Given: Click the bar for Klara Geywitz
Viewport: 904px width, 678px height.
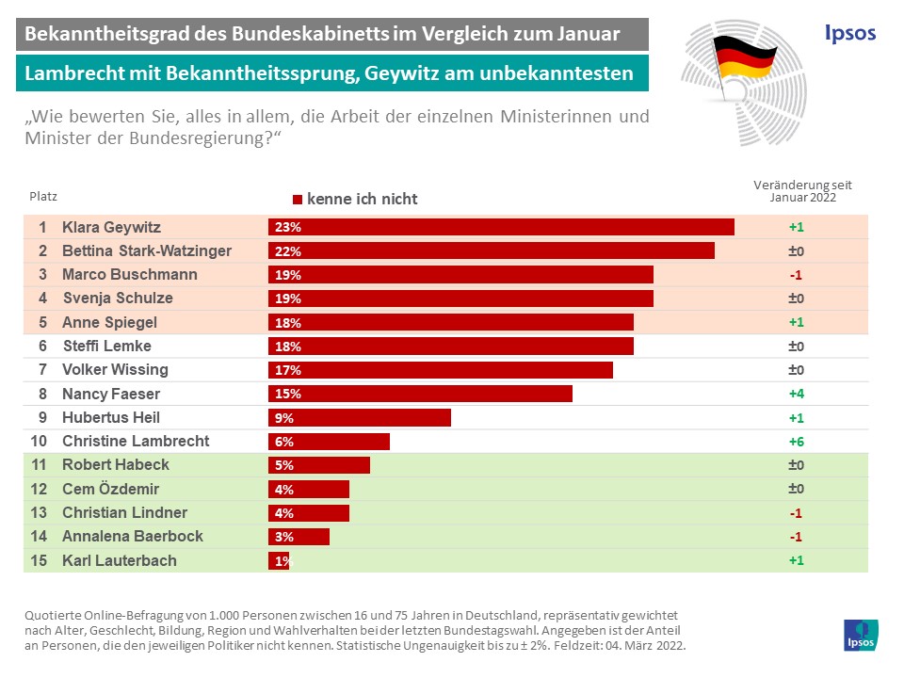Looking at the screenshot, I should (501, 227).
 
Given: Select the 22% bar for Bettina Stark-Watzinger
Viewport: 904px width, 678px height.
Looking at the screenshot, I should (492, 251).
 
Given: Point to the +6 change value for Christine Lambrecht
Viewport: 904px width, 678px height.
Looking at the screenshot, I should (796, 442).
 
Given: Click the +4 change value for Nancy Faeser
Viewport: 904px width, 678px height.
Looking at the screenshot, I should (796, 394).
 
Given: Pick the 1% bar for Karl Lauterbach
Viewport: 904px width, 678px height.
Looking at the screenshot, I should (279, 560).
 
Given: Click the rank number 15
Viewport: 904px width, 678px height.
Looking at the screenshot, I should (40, 560).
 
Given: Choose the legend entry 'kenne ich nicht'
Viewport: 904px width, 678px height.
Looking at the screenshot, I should (355, 199).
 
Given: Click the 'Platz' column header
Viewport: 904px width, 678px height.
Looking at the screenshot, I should (42, 198).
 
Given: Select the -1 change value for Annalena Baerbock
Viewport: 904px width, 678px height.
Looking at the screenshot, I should (796, 537).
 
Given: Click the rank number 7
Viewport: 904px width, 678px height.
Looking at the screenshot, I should (43, 370).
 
